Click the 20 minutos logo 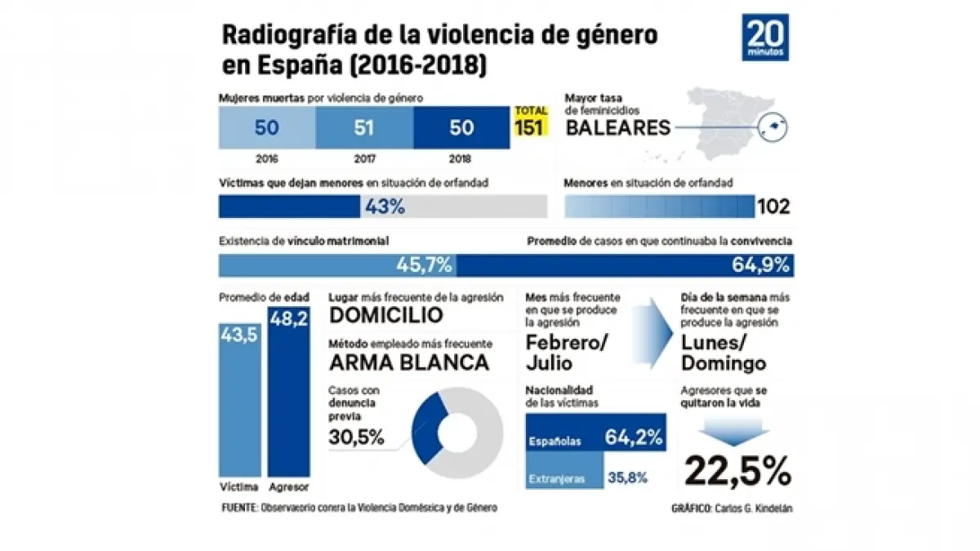(765, 37)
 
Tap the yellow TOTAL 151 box (531, 122)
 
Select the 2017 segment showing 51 (363, 127)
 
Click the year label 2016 (266, 160)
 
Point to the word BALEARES (618, 127)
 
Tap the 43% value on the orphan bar (385, 207)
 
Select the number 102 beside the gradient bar (773, 207)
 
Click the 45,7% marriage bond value (424, 265)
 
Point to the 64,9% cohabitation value (760, 265)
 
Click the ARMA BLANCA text (408, 362)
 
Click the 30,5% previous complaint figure (356, 438)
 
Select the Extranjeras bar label (558, 479)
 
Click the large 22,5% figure (737, 470)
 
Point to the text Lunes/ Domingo (723, 353)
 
